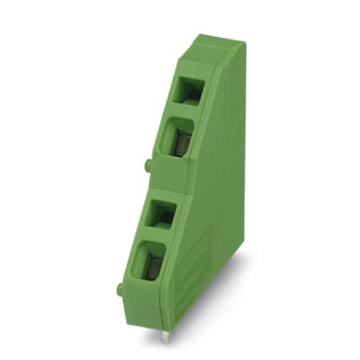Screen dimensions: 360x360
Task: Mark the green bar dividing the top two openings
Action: tap(184, 112)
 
